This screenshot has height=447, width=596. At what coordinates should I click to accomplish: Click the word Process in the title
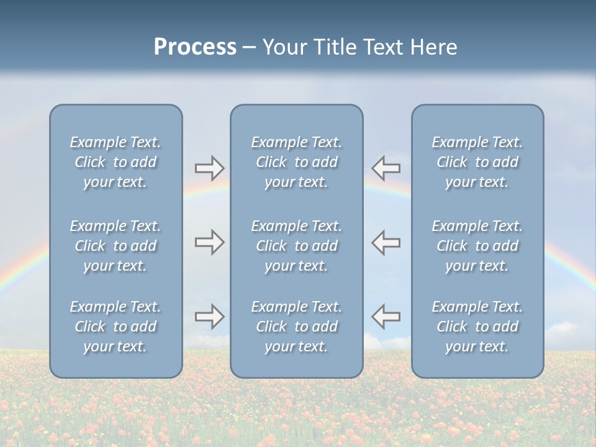195,47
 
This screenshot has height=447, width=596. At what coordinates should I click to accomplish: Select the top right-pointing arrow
209,168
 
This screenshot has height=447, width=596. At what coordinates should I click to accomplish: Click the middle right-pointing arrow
209,242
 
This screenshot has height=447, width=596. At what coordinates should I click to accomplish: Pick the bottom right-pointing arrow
209,316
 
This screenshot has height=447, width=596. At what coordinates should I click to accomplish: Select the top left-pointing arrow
386,168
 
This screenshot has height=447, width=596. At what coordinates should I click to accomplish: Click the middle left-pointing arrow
386,242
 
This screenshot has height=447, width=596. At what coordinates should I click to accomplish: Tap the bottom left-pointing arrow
386,316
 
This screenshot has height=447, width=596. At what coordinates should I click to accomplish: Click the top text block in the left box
115,162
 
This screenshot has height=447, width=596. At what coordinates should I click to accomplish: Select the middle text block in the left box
115,246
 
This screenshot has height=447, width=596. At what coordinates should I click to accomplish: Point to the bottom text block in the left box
115,327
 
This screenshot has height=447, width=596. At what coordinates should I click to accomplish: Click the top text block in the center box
297,162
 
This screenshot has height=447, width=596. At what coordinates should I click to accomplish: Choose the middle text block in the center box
297,246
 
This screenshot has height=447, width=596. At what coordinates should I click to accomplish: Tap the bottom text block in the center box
297,327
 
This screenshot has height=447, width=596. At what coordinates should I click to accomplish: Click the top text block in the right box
477,162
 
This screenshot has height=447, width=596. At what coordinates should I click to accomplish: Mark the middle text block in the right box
477,246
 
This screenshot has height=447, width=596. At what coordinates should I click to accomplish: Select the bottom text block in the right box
477,327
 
